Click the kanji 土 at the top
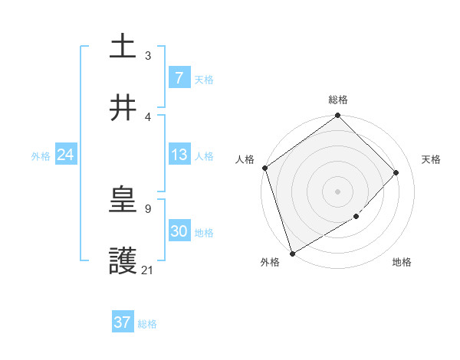click(x=123, y=46)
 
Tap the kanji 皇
click(x=123, y=201)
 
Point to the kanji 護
click(x=123, y=263)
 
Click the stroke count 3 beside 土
click(x=148, y=55)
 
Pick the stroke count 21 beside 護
click(x=148, y=270)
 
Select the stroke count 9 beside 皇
click(x=148, y=208)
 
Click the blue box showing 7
click(x=179, y=77)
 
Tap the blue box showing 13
click(x=179, y=155)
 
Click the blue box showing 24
click(x=65, y=155)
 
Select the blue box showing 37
click(x=123, y=322)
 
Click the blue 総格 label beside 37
click(x=147, y=324)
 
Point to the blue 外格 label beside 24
click(x=41, y=156)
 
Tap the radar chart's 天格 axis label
click(x=432, y=159)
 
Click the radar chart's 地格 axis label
click(x=402, y=262)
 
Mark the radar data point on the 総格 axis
click(x=337, y=116)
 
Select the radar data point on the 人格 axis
click(x=264, y=168)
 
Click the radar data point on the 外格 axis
click(x=292, y=253)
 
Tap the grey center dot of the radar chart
click(x=337, y=191)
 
